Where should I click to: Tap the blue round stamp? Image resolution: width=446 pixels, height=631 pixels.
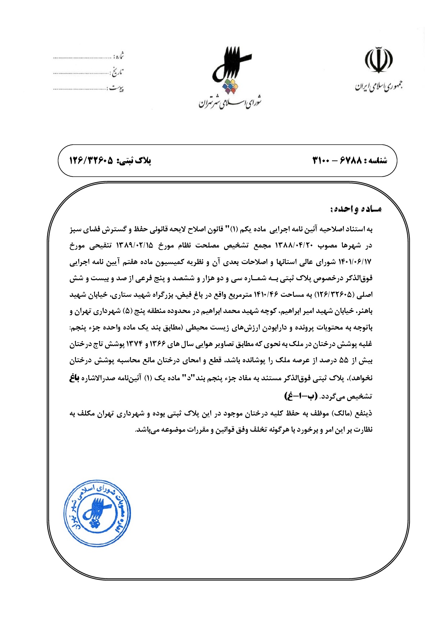(x=97, y=513)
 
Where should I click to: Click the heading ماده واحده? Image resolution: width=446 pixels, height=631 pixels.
(x=356, y=209)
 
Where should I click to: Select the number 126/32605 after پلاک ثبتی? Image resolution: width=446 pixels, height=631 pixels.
(x=91, y=160)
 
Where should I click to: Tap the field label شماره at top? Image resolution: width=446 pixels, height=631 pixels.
(x=119, y=56)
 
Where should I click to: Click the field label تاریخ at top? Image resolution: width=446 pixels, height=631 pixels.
(x=117, y=72)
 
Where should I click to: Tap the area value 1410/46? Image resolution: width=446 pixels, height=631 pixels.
(x=266, y=295)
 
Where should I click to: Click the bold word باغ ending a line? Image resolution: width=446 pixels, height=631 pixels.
(x=74, y=378)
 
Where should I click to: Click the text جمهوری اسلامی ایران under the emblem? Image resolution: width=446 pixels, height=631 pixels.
(x=379, y=86)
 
